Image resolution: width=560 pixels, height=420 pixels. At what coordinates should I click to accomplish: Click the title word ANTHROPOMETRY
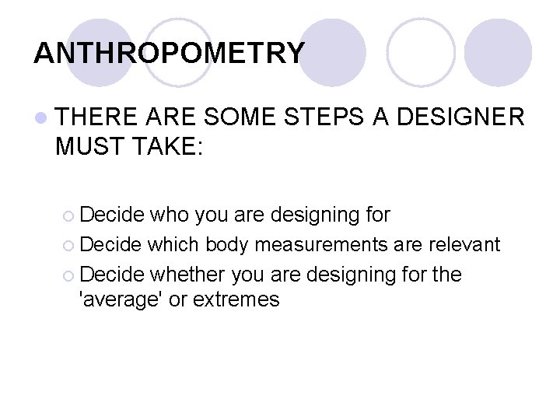pyautogui.click(x=170, y=53)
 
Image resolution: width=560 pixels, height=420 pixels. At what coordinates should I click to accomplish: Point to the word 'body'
pyautogui.click(x=227, y=245)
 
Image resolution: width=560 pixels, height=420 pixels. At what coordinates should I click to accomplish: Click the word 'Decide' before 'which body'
pyautogui.click(x=110, y=245)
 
